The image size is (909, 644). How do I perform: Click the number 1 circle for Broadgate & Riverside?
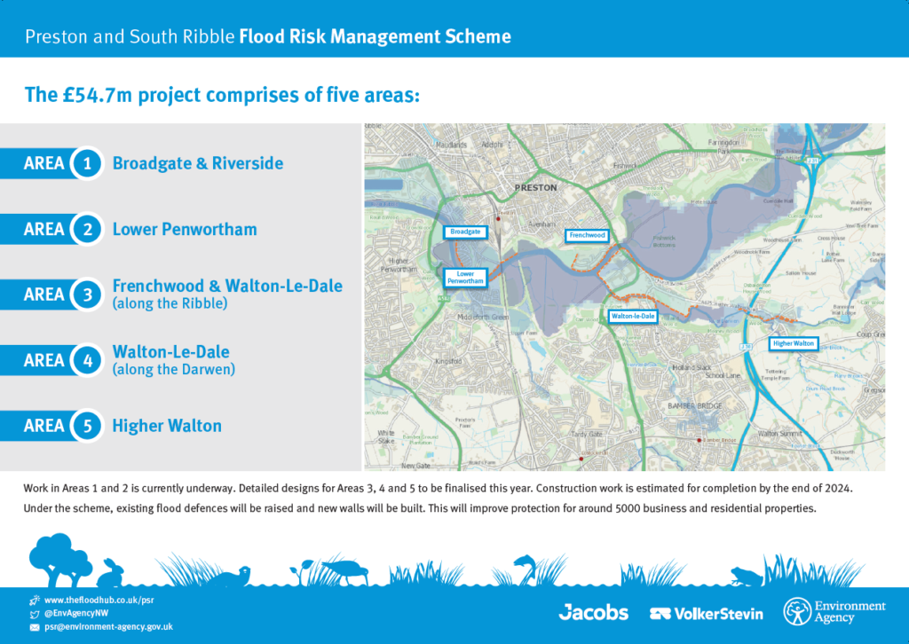click(87, 163)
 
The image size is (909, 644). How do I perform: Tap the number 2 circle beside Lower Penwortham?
click(87, 229)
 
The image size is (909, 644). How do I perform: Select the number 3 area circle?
click(87, 295)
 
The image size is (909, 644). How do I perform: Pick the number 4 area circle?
click(87, 360)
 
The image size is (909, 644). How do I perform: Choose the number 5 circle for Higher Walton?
click(87, 426)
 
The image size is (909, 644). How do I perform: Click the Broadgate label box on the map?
click(465, 232)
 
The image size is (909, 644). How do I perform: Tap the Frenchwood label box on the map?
click(587, 236)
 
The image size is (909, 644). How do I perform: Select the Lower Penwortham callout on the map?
click(465, 278)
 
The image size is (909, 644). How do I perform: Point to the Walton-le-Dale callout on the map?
click(633, 316)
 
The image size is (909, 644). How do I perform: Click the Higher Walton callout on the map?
click(792, 343)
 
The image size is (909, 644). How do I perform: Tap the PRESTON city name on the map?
click(537, 188)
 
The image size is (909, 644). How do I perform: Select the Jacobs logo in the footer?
click(593, 612)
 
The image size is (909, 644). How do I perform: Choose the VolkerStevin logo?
click(706, 613)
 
